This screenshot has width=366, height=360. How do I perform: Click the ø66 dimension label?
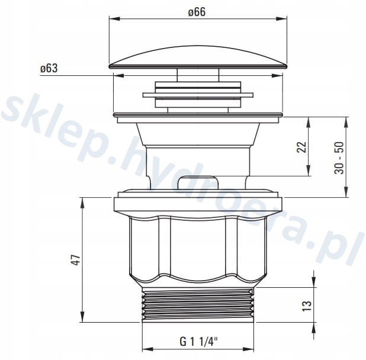[197, 12]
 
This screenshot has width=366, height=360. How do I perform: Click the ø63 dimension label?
[49, 69]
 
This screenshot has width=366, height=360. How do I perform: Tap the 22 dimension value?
[301, 147]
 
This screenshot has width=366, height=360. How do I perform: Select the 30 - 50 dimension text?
[339, 158]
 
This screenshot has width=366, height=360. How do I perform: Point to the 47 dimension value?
[76, 260]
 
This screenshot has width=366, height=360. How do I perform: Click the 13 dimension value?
[307, 306]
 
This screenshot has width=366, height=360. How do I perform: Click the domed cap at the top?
[198, 57]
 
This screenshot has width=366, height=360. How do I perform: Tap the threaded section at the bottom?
[198, 304]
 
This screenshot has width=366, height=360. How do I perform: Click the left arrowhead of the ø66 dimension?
[115, 19]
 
